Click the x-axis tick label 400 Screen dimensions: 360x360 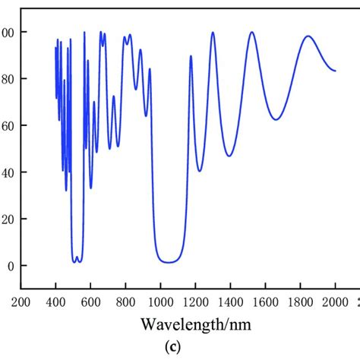(x=55, y=302)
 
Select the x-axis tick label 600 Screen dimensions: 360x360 (x=90, y=302)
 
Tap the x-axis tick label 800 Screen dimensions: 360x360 (x=125, y=302)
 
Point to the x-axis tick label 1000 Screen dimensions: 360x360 (x=160, y=302)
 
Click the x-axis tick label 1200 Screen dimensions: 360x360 (x=195, y=302)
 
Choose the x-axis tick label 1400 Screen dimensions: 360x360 (x=230, y=302)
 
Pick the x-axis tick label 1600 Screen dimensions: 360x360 (x=265, y=302)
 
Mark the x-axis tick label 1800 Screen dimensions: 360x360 (x=300, y=302)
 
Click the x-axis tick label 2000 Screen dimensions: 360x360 (x=335, y=302)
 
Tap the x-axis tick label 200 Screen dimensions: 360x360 (x=21, y=302)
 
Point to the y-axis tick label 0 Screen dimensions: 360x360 (x=9, y=266)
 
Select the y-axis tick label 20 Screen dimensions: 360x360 (x=7, y=219)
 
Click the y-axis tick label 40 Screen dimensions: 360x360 (x=7, y=172)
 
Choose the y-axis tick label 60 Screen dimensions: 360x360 (x=7, y=125)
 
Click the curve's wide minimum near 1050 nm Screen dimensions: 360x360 (x=169, y=262)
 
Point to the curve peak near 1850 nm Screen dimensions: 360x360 (x=308, y=36)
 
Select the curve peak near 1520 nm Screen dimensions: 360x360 (x=251, y=32)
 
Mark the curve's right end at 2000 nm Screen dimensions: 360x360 (x=335, y=71)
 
